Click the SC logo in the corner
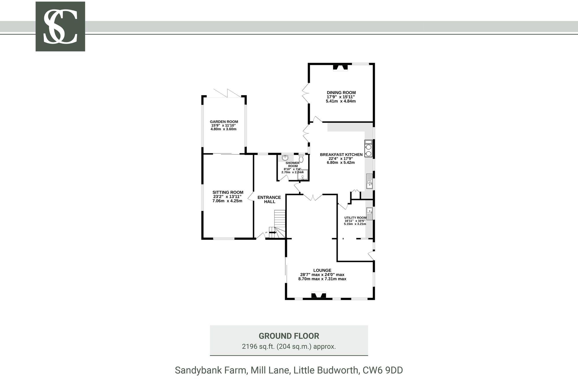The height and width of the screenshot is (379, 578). [x=60, y=27]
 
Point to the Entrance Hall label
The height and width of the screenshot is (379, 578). [x=269, y=199]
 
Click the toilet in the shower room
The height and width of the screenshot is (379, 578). [x=301, y=158]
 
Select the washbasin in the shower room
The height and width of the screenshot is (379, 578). [x=285, y=158]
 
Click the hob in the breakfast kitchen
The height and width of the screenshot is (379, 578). [x=368, y=149]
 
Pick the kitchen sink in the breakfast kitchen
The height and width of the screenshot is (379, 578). [x=369, y=181]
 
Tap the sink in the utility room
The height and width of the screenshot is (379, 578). [x=369, y=214]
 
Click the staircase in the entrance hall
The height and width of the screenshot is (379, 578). [x=279, y=222]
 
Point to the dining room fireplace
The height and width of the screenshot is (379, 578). [x=340, y=68]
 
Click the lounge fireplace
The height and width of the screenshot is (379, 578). [x=318, y=296]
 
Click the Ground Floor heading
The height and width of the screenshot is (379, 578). [x=289, y=336]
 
